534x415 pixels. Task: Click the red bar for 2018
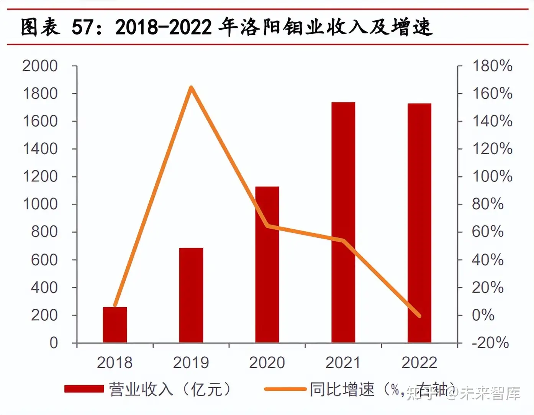coord(115,324)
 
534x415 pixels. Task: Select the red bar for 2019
coord(191,295)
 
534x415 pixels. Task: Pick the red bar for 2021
coord(343,222)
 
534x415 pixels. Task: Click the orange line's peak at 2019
coord(191,87)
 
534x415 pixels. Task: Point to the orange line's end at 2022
coord(419,316)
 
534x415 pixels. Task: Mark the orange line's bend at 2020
coord(267,226)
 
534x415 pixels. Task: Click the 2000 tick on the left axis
coord(40,66)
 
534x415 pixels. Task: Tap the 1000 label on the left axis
coord(40,204)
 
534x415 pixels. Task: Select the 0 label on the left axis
coord(54,343)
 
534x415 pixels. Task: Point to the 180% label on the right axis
coord(492,66)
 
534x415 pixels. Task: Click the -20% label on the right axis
coord(490,343)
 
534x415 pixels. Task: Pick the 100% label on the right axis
coord(492,176)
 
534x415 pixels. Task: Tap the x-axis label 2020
coord(267,362)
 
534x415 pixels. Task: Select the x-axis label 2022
coord(419,362)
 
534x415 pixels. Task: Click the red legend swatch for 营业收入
coord(84,389)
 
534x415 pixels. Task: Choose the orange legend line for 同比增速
coord(285,389)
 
